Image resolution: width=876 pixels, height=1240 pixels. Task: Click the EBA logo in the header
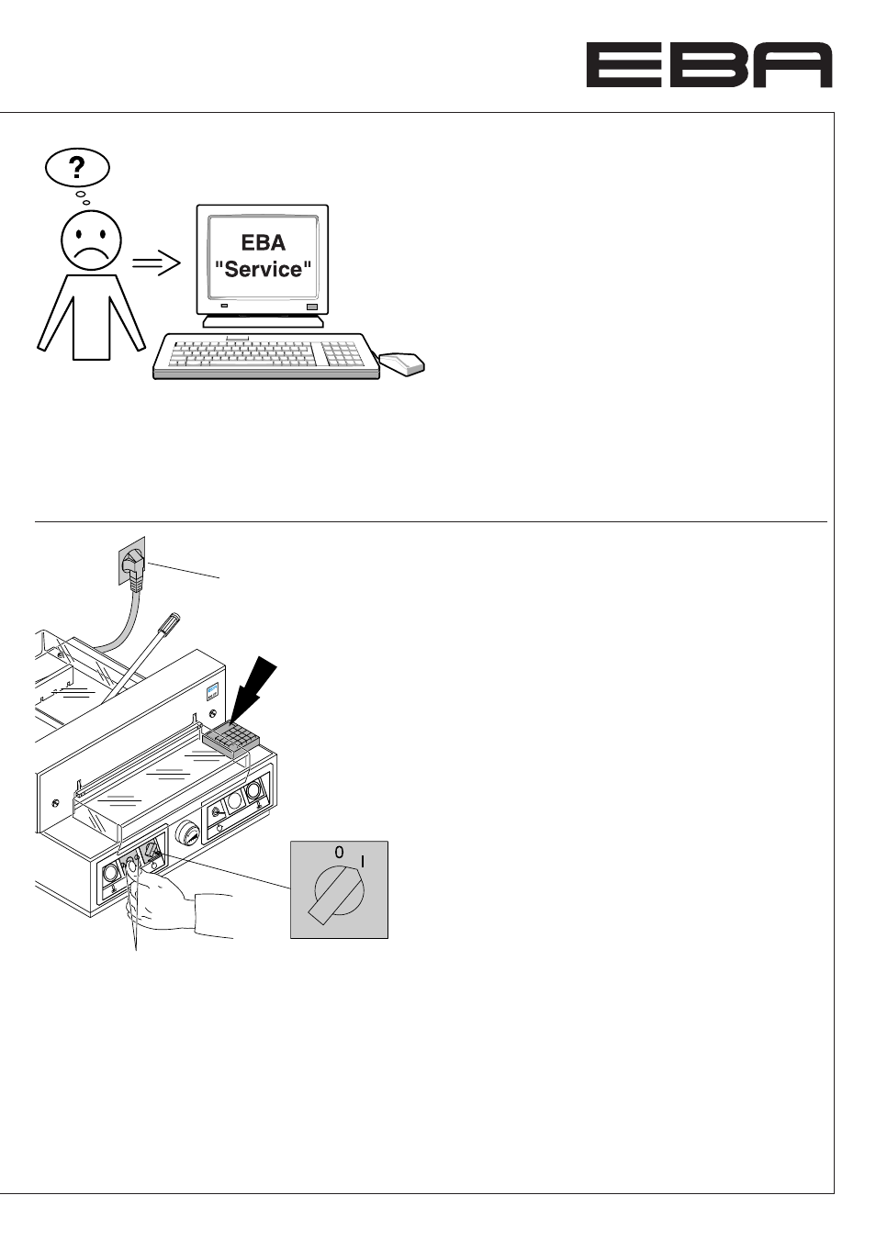coord(709,65)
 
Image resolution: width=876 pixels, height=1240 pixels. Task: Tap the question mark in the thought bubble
coord(77,167)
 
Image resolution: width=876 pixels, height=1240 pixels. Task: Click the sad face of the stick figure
coord(91,240)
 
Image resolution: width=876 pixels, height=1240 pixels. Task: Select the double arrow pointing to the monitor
coord(156,263)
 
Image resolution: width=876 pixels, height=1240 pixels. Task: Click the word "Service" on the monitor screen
coord(263,269)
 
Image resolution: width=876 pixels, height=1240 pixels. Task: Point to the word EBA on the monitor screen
coord(263,242)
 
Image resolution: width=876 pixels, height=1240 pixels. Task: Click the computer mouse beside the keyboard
coord(402,363)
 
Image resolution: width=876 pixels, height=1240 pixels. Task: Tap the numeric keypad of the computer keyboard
coord(343,353)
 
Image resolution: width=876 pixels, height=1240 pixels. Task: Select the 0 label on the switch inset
coord(340,852)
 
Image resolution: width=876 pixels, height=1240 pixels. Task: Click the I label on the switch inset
coord(363,862)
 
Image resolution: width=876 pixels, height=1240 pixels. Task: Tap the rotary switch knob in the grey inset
coord(339,890)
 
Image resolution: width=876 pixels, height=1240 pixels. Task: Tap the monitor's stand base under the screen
coord(263,321)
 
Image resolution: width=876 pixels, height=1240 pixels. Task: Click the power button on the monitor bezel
coord(312,307)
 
